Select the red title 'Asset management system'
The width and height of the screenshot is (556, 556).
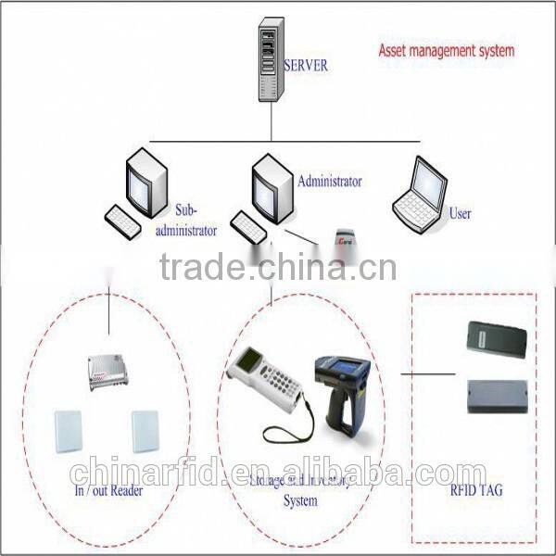pyautogui.click(x=446, y=50)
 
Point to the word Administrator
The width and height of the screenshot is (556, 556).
pyautogui.click(x=329, y=182)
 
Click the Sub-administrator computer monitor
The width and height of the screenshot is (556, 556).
pyautogui.click(x=145, y=183)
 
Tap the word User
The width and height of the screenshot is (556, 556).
pyautogui.click(x=460, y=214)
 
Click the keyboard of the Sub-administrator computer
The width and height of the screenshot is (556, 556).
pyautogui.click(x=123, y=221)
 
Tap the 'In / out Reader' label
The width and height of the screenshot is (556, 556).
pyautogui.click(x=107, y=490)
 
